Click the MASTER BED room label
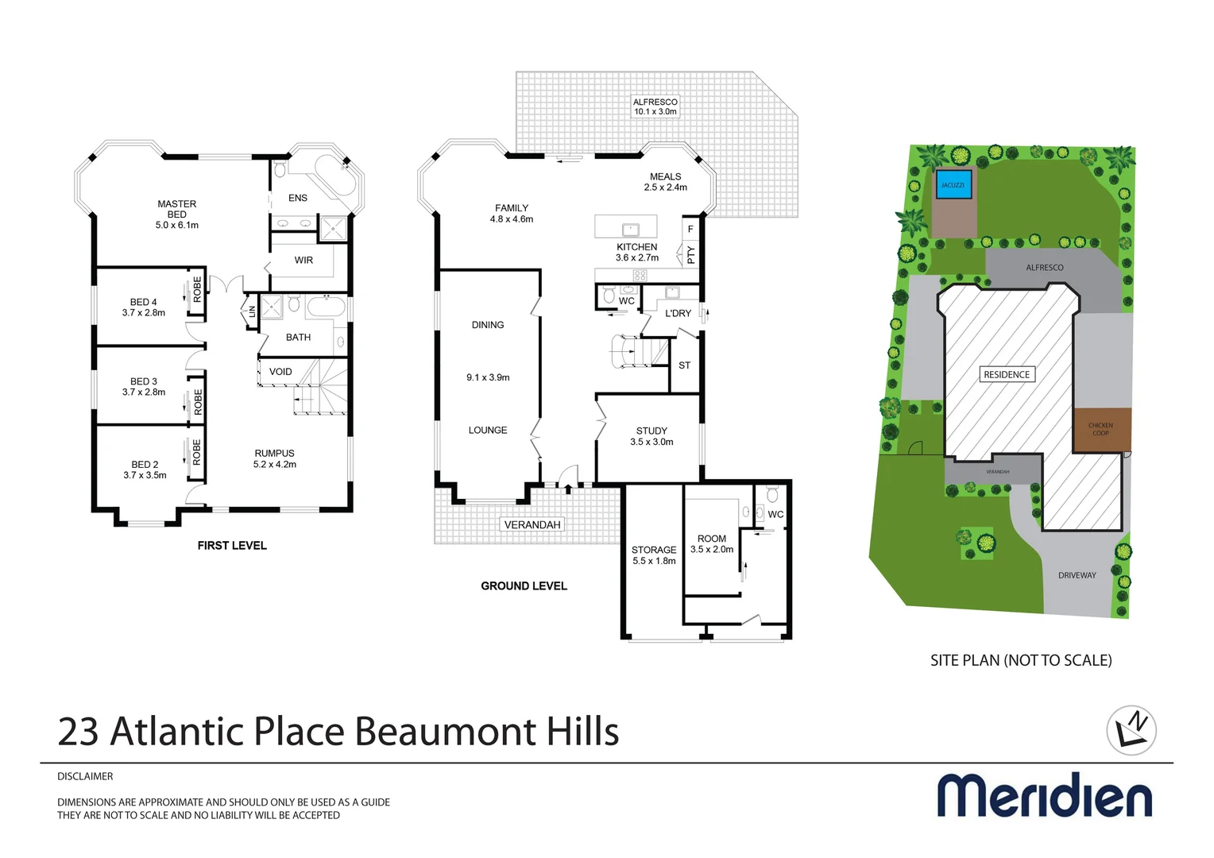coord(176,205)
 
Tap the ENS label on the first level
coord(298,198)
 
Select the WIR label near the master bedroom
coord(303,261)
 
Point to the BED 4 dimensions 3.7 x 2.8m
coord(144,313)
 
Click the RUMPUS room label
coord(274,454)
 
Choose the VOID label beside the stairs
coord(280,372)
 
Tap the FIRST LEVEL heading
coord(232,546)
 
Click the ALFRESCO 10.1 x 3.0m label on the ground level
coord(655,107)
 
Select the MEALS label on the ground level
coord(665,177)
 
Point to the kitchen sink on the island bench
coord(631,230)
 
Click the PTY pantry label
coord(691,255)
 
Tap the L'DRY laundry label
coord(678,314)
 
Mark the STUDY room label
coord(651,431)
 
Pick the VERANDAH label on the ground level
coord(532,525)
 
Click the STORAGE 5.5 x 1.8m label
coord(654,555)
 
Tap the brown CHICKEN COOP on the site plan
coord(1100,430)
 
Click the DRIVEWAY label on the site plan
coord(1077,575)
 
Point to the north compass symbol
coord(1131,730)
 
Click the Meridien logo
coord(1044,795)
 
